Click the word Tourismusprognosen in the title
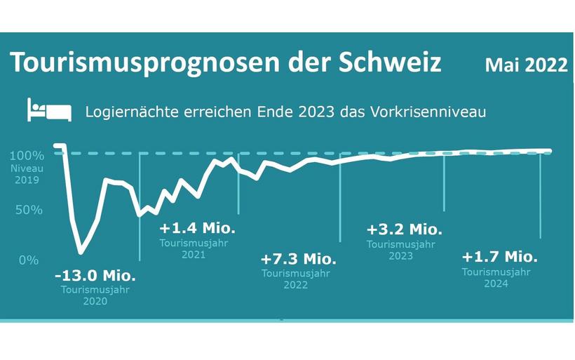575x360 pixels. [137, 62]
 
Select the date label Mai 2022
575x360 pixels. [526, 65]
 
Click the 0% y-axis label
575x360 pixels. [28, 260]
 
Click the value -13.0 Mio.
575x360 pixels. [95, 275]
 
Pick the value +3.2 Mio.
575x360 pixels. [405, 229]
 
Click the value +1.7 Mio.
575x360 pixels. [499, 255]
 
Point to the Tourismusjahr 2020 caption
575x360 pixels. [95, 295]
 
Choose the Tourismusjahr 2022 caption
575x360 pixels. [296, 279]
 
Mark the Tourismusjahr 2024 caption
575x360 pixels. [496, 278]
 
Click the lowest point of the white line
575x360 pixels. [81, 251]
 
